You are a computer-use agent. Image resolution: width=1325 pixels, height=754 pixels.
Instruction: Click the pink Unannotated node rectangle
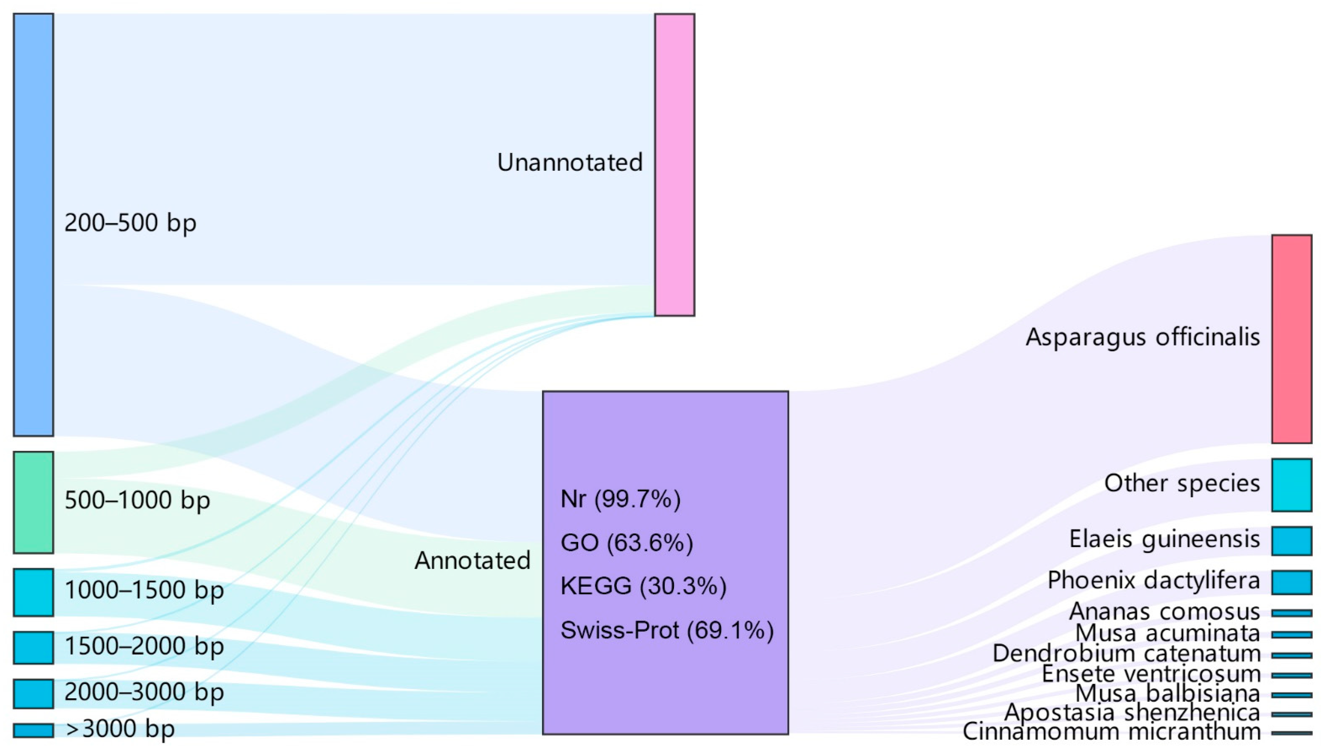[675, 165]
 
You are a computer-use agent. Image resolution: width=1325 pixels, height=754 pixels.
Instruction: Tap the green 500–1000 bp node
[33, 502]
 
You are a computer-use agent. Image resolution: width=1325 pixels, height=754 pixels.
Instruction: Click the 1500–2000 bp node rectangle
[33, 647]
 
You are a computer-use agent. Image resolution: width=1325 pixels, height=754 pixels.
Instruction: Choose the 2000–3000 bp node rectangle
[33, 693]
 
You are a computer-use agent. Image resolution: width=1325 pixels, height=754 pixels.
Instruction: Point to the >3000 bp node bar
[33, 730]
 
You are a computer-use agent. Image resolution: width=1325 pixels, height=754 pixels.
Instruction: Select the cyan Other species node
[1292, 485]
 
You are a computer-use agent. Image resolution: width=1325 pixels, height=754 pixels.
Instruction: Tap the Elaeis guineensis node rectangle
[1292, 541]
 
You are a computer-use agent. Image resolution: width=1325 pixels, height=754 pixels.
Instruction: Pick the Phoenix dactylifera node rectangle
[1292, 582]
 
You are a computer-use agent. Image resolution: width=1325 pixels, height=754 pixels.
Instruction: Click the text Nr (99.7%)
[620, 499]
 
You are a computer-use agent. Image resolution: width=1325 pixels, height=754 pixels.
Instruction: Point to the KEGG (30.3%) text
[643, 586]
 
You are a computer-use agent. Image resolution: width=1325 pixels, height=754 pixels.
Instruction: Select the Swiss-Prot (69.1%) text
[667, 630]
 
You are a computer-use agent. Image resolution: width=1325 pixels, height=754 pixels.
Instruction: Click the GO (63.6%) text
[626, 543]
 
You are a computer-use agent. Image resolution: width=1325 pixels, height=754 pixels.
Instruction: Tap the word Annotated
[472, 560]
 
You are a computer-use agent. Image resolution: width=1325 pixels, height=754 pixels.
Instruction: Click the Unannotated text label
[569, 162]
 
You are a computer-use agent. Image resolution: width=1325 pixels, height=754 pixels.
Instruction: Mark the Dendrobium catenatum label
[1126, 654]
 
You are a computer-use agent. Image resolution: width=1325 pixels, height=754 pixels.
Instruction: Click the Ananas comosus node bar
[1292, 613]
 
